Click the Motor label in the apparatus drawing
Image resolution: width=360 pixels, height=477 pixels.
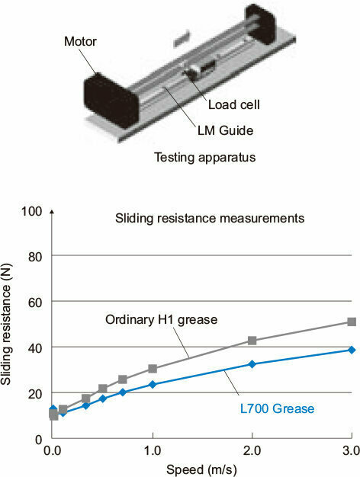pos(80,41)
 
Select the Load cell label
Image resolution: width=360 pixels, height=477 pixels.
pos(234,104)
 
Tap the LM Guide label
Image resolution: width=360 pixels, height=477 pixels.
pos(225,130)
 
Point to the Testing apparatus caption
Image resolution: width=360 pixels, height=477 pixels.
pos(205,157)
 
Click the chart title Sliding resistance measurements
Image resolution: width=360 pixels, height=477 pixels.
pos(210,219)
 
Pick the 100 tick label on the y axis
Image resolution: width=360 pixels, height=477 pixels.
pos(31,211)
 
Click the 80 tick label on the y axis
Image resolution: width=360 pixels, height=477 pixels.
pos(35,257)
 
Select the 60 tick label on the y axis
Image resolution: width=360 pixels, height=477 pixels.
pos(35,303)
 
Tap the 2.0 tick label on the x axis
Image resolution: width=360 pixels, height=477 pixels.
pos(252,451)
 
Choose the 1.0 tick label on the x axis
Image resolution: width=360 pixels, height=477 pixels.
pos(153,451)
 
